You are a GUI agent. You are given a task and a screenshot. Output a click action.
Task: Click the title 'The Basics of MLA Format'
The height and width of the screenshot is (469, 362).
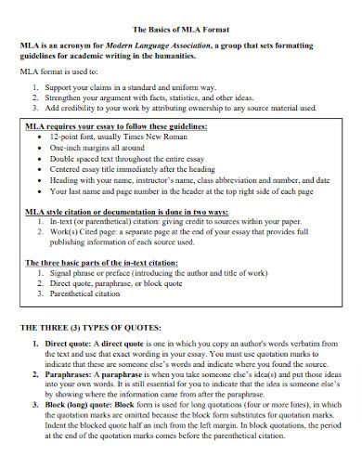pyautogui.click(x=181, y=28)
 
